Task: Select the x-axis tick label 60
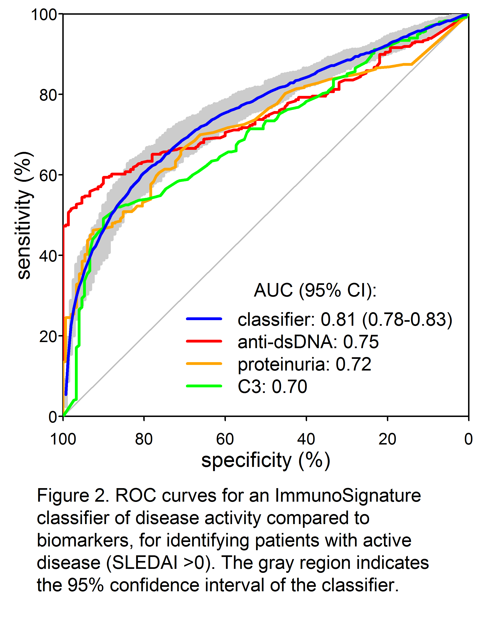pos(225,439)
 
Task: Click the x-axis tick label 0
pos(468,439)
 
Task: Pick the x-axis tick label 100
pos(63,439)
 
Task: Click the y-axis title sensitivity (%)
pos(24,215)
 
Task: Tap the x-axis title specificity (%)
pos(265,461)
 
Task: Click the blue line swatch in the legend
pos(204,319)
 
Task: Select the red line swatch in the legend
pos(204,341)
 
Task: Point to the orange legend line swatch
pos(204,364)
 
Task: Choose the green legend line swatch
pos(204,386)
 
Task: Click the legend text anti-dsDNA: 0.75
pos(308,342)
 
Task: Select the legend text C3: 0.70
pos(272,387)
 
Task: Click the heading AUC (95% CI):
pos(315,290)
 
